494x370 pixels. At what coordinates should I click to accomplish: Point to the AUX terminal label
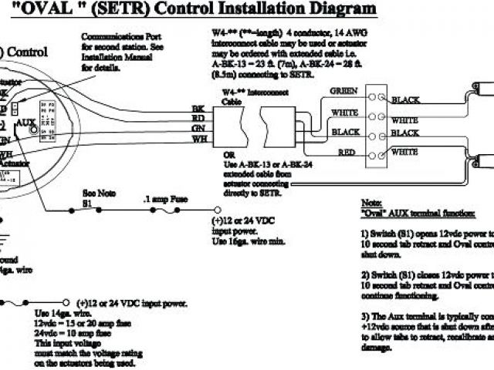27,123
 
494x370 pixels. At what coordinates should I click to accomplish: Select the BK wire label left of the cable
198,108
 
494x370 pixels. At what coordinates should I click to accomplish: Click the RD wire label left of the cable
198,118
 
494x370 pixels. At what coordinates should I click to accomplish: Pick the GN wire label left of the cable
198,129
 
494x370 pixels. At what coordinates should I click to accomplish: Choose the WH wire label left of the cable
198,139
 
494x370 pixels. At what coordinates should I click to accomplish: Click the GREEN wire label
343,91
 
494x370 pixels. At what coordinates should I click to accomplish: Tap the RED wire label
347,152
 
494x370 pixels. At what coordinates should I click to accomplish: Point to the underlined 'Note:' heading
372,200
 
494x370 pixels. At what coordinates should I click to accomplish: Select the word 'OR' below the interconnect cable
218,154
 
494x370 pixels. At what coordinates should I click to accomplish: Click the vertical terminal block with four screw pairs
376,125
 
